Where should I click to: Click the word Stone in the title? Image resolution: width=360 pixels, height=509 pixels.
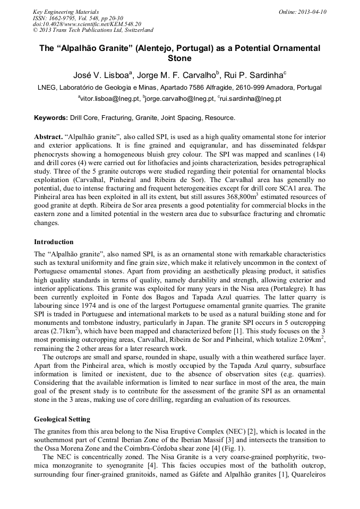click(x=179, y=58)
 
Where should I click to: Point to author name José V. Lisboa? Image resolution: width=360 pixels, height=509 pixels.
click(x=101, y=74)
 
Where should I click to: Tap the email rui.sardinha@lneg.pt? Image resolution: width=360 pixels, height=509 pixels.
click(x=241, y=99)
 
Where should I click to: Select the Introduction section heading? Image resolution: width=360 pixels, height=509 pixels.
click(x=54, y=242)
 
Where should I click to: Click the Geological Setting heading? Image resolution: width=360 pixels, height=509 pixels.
click(x=62, y=419)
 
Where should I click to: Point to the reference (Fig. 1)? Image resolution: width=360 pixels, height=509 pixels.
click(x=232, y=448)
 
